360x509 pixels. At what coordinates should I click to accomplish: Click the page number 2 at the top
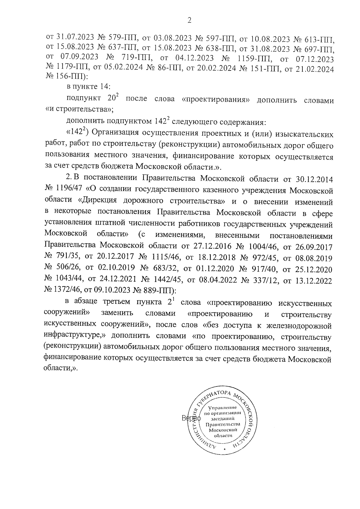coord(189,20)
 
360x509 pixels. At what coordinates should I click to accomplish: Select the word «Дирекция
coord(103,201)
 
